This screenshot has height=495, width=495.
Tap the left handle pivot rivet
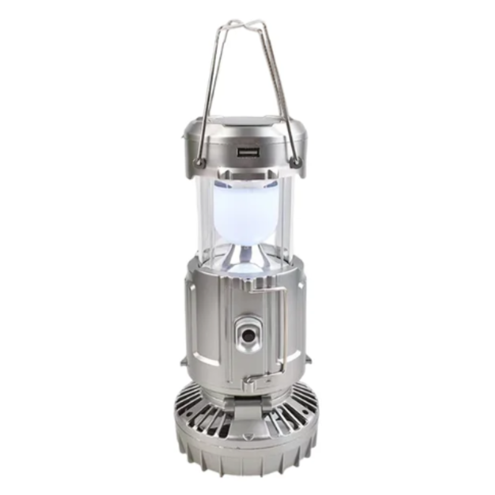[199, 163]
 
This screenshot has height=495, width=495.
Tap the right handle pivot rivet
[296, 163]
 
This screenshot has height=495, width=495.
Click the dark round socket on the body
[248, 334]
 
